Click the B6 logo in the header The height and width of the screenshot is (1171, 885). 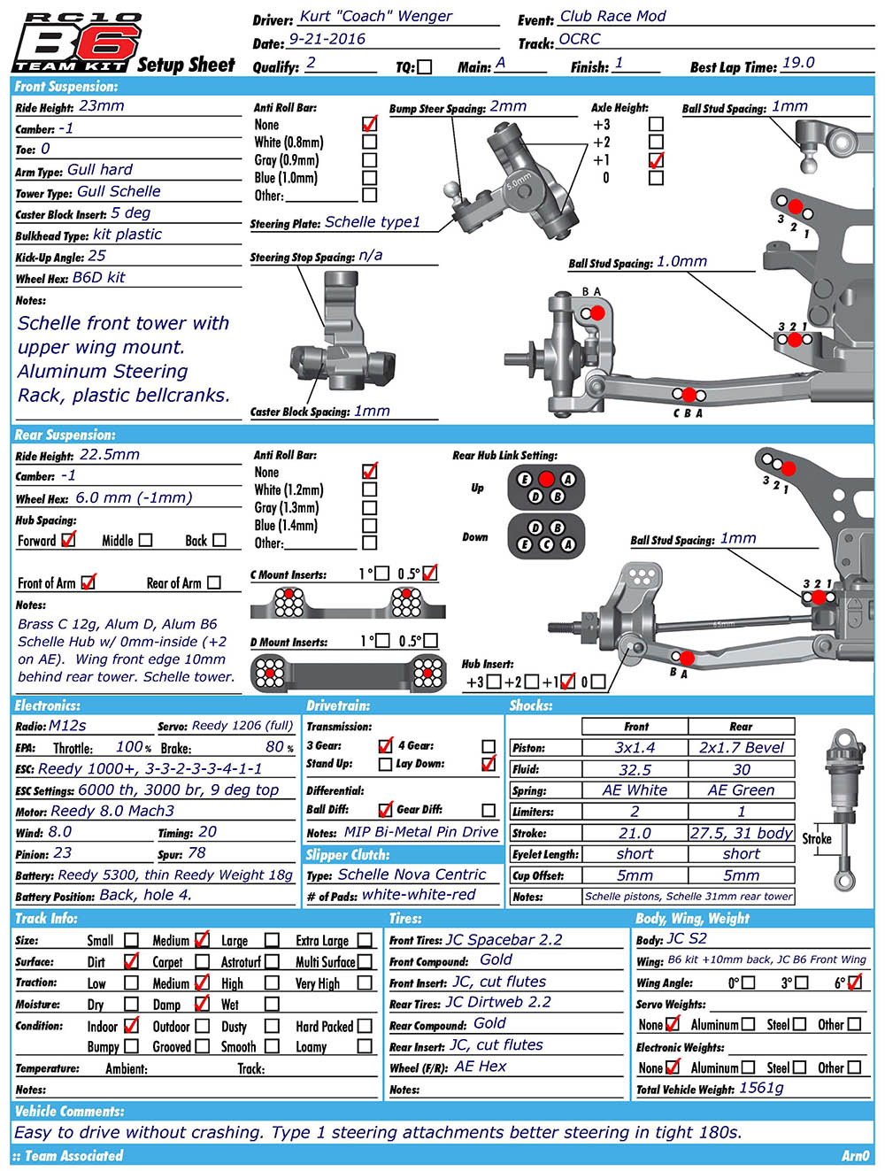coord(77,42)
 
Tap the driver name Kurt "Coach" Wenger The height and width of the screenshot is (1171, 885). coord(375,16)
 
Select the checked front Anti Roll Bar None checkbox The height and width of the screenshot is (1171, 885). coord(369,125)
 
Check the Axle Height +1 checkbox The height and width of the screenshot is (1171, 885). coord(656,160)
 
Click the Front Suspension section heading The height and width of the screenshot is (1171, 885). coord(66,87)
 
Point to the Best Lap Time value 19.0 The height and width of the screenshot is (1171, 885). coord(797,63)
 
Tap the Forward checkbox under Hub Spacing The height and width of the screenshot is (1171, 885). coord(68,539)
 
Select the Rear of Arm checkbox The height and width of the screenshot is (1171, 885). coord(213,582)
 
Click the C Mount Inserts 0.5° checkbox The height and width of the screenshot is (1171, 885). coord(430,574)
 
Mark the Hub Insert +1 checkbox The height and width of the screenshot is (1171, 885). coord(567,681)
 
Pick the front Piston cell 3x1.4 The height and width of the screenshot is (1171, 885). coord(635,747)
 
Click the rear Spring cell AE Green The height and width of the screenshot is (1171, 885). coord(741,790)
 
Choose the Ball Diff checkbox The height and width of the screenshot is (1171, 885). coord(385,810)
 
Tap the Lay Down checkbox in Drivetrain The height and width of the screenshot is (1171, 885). coord(489,764)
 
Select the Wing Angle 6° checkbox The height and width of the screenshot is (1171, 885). coord(854,982)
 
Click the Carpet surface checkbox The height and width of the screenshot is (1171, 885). coord(202,961)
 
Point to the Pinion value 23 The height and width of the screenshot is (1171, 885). coord(63,852)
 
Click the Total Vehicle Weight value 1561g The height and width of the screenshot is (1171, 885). coord(761,1088)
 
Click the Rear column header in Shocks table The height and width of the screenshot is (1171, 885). coord(741,726)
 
